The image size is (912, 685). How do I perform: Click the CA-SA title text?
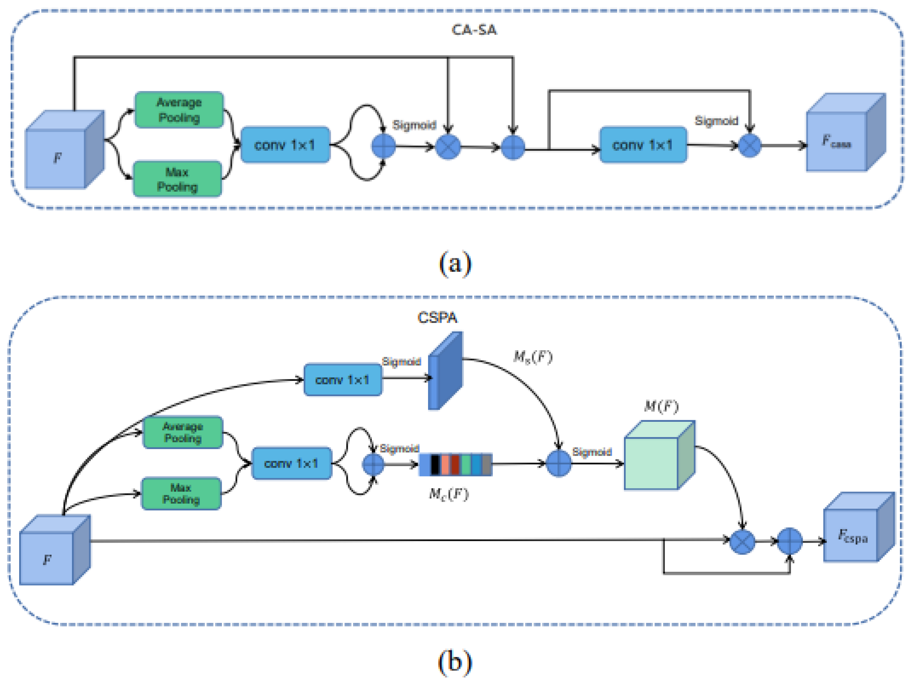click(474, 30)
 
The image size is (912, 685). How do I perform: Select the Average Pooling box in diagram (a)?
click(179, 110)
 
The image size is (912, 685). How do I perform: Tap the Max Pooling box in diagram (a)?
click(177, 179)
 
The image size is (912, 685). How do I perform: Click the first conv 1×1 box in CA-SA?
click(285, 145)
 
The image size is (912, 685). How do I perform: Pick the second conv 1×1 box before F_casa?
click(643, 145)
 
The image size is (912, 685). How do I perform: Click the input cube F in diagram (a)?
click(62, 153)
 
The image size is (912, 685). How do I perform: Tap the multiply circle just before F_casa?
click(749, 145)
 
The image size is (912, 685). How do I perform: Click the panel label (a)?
click(455, 263)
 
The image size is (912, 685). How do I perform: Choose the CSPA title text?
click(437, 318)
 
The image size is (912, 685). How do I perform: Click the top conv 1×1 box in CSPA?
click(343, 379)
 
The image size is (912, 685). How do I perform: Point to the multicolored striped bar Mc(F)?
click(455, 464)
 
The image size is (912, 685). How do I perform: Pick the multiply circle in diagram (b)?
click(742, 541)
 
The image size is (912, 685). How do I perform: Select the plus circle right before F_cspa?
click(789, 541)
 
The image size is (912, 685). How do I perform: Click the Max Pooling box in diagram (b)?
click(181, 493)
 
